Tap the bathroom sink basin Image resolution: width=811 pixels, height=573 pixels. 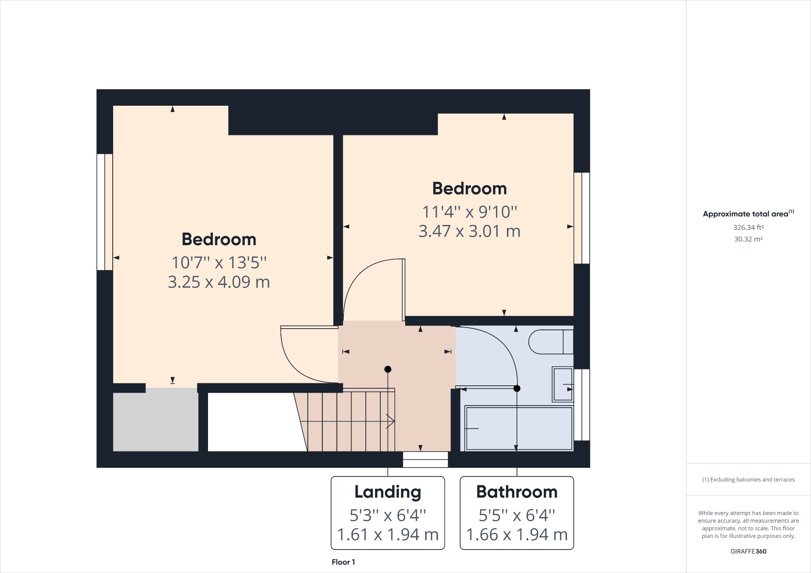click(562, 384)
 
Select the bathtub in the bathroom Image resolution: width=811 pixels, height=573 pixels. click(519, 428)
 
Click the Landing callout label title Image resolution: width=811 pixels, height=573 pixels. click(388, 492)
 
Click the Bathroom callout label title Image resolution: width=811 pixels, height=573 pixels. click(517, 492)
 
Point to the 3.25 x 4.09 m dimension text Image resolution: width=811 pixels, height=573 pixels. click(219, 282)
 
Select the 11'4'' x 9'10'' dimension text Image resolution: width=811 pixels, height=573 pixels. click(470, 212)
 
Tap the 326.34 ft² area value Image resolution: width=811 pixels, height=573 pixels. click(748, 227)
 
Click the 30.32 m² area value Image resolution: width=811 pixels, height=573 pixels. click(748, 239)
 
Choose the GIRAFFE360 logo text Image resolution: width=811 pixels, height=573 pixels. click(748, 551)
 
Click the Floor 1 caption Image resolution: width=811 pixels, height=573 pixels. click(343, 562)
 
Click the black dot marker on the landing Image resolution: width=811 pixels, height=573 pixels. click(388, 369)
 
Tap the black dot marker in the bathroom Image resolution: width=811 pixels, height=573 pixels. click(517, 389)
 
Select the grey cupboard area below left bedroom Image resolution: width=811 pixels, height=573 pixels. click(155, 419)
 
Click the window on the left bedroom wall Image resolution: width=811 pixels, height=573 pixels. click(104, 212)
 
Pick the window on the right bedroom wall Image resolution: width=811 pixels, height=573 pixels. click(582, 218)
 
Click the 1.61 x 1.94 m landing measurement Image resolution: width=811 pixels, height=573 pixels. click(388, 535)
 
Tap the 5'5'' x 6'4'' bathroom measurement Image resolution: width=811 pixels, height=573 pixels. click(517, 515)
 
